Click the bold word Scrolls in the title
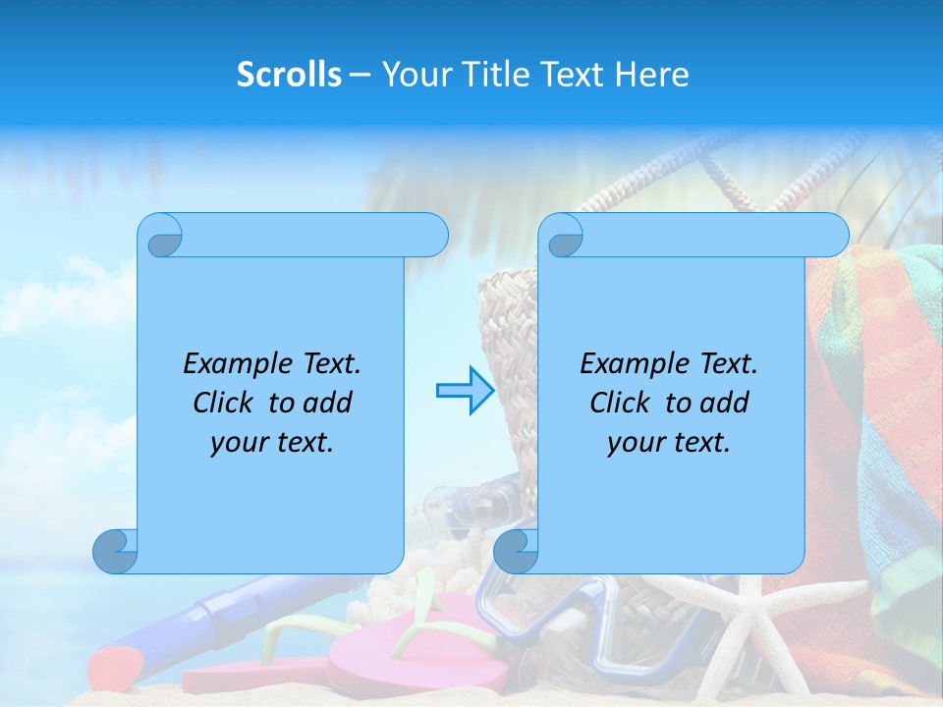289,75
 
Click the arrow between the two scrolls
464,391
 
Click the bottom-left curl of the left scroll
115,551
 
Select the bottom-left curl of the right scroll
516,551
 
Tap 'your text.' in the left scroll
272,442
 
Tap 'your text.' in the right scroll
669,442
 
